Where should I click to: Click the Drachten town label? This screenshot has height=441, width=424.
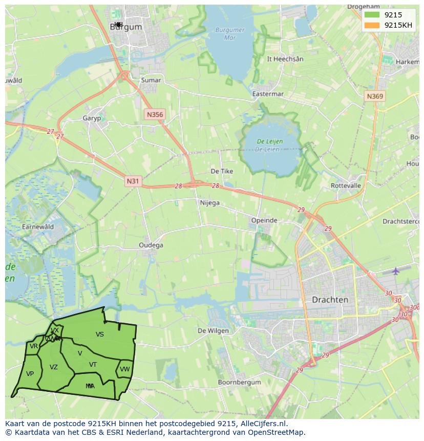(x=330, y=300)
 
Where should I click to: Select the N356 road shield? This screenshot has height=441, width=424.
(x=154, y=114)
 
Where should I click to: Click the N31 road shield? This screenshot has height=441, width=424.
(x=132, y=181)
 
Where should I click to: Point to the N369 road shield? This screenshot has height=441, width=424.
(x=375, y=96)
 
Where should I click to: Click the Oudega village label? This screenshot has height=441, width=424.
(x=151, y=245)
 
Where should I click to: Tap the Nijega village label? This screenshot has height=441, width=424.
(x=209, y=203)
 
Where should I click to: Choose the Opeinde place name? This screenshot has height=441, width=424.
(x=264, y=220)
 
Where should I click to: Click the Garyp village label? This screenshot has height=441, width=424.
(x=92, y=118)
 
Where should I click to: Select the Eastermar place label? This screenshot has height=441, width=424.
(x=268, y=94)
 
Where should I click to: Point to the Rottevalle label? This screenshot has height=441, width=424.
(x=346, y=185)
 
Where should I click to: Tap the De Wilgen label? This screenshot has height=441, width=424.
(x=213, y=330)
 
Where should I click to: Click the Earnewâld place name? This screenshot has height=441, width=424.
(x=38, y=227)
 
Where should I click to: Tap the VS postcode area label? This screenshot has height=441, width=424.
(x=100, y=334)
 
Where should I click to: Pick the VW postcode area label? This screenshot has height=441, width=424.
(x=125, y=369)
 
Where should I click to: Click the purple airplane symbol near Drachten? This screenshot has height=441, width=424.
(x=395, y=270)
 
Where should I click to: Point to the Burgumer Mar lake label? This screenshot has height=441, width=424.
(x=229, y=33)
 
